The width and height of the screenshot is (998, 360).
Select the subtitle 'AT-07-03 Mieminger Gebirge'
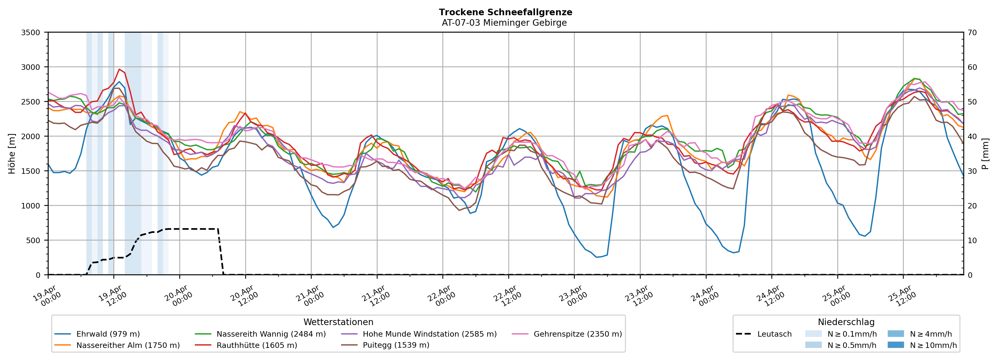tap(504, 23)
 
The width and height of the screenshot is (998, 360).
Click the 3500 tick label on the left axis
tap(31, 33)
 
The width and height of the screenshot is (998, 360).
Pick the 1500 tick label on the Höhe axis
tap(31, 171)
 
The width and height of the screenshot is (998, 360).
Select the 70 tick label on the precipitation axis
tap(972, 33)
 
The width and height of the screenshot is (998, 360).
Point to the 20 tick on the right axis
tap(972, 206)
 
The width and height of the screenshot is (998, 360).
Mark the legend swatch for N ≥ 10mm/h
tap(895, 345)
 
